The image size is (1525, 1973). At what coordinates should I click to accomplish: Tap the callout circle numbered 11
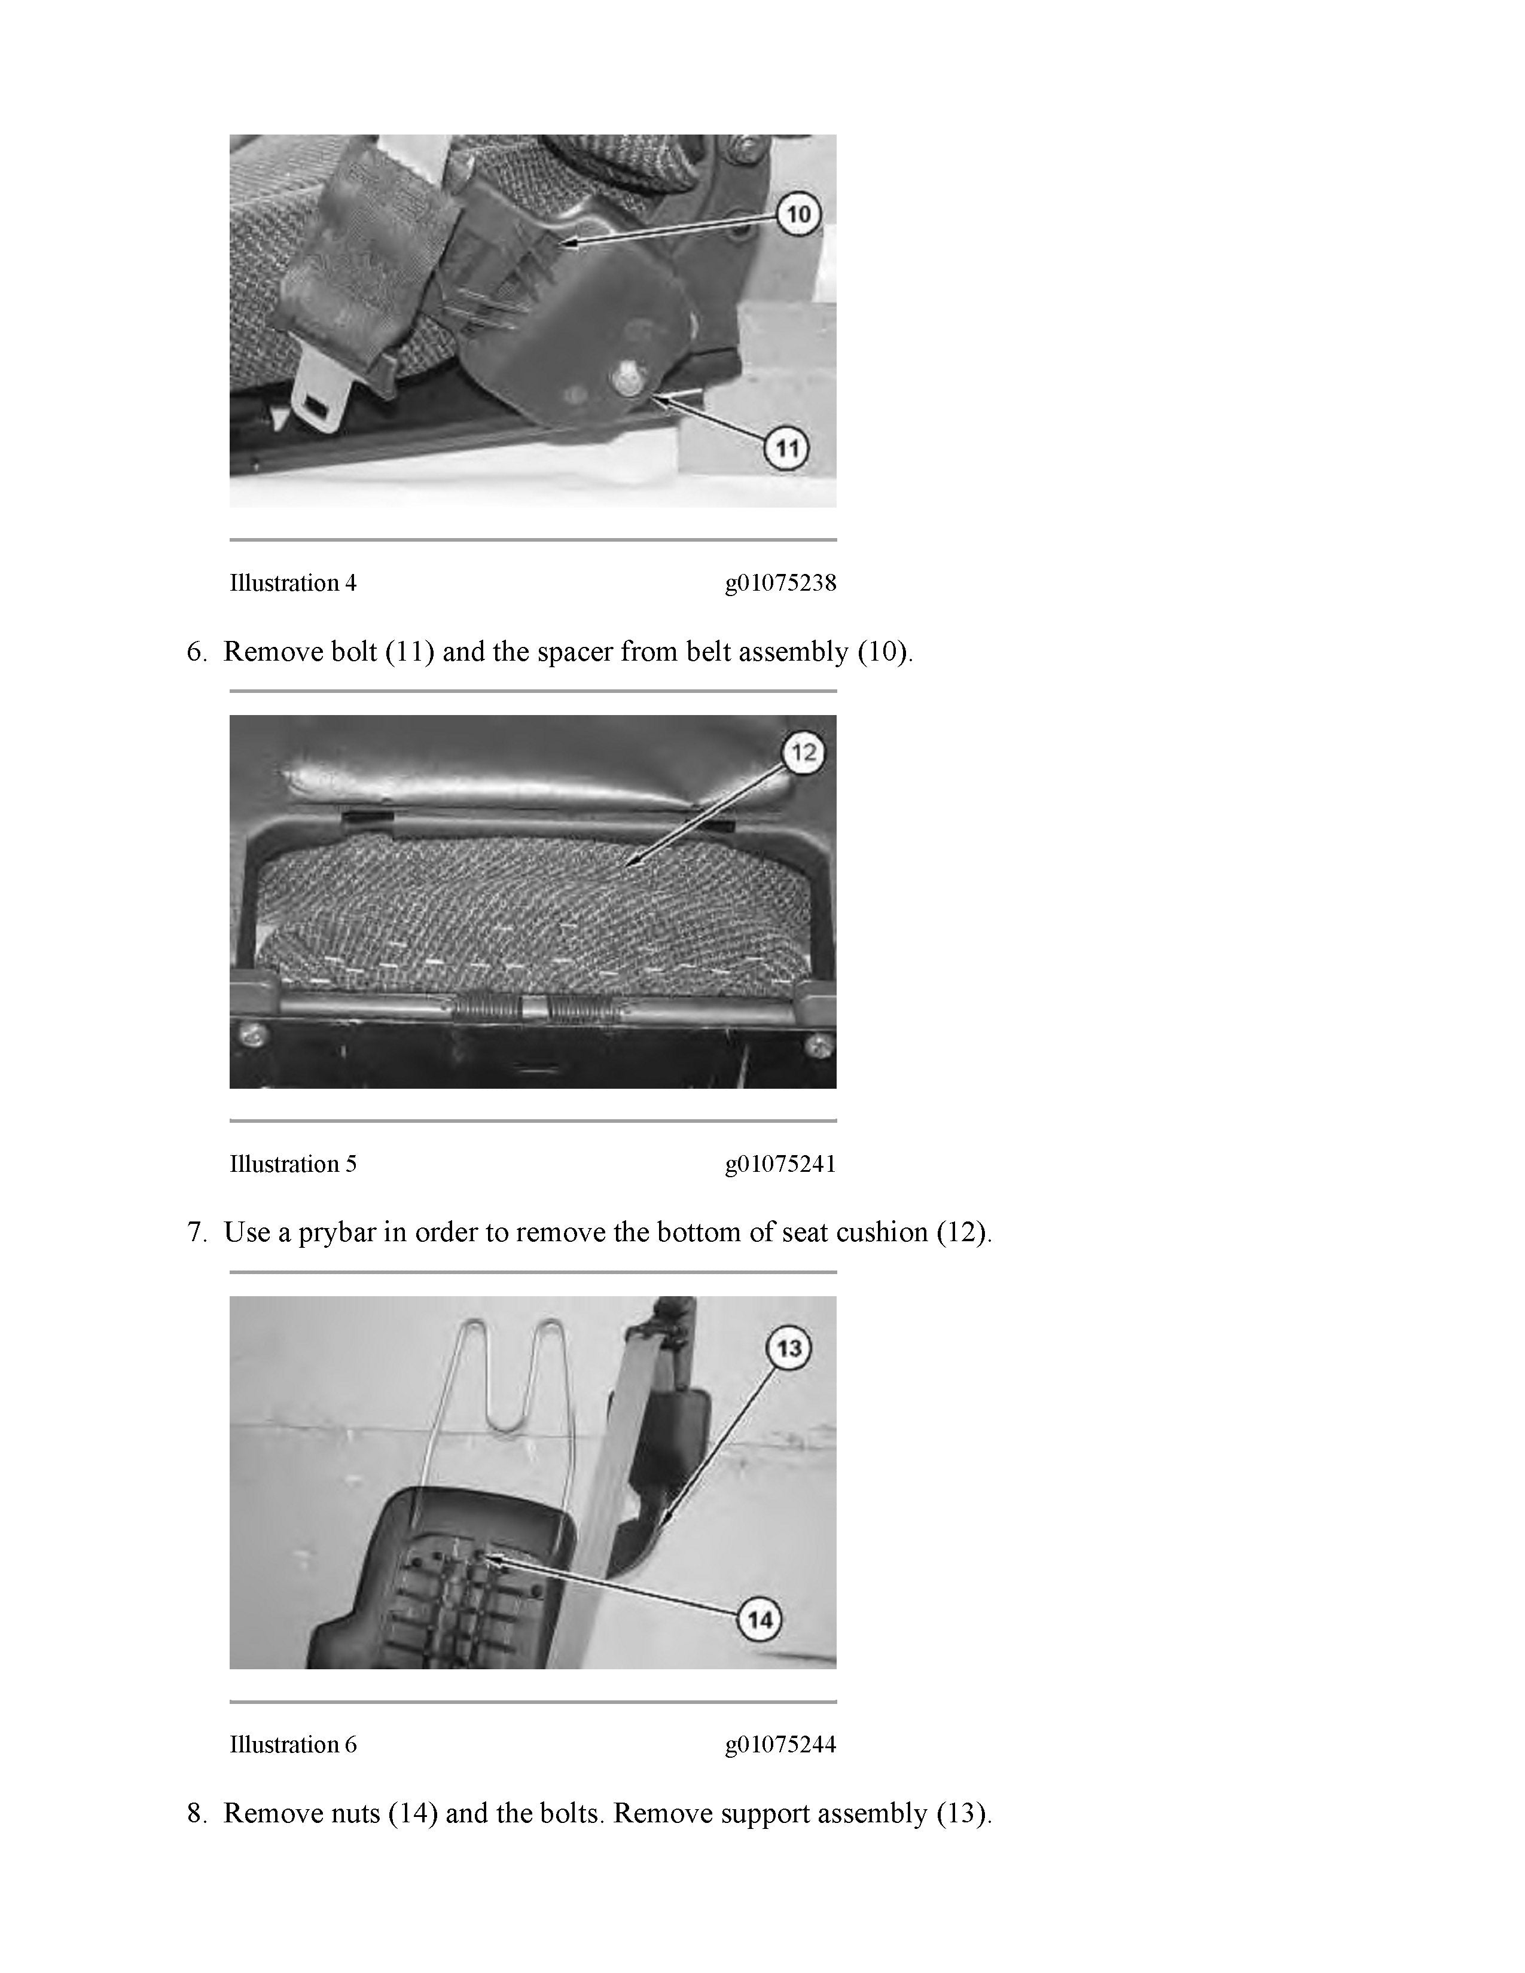coord(788,448)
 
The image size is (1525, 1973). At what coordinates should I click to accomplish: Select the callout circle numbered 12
coord(803,752)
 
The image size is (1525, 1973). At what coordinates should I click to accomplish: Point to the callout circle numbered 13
coord(789,1349)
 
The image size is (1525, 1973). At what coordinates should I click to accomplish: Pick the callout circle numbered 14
coord(761,1620)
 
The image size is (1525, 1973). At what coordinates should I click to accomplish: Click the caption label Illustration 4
coord(292,584)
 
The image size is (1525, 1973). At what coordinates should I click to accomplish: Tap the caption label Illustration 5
coord(292,1165)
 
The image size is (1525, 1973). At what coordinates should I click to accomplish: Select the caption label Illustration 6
coord(292,1745)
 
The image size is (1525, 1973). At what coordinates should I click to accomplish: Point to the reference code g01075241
coord(780,1165)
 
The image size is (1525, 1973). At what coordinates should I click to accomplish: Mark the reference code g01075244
coord(780,1745)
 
